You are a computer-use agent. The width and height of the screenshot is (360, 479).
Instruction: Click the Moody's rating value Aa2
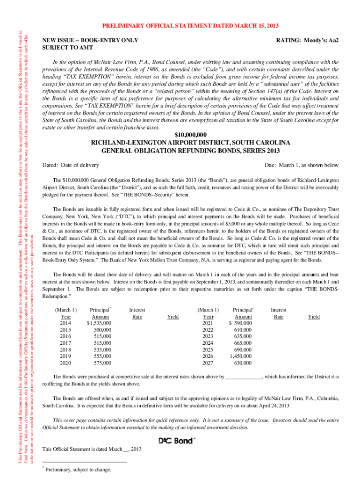click(332, 41)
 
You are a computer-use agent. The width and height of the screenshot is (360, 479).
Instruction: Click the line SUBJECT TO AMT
click(67, 48)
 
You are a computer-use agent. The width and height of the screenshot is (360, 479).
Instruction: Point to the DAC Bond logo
click(177, 440)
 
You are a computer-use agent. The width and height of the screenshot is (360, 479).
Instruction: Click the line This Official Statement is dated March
click(92, 450)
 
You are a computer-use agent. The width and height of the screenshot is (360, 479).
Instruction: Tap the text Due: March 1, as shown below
click(302, 165)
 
